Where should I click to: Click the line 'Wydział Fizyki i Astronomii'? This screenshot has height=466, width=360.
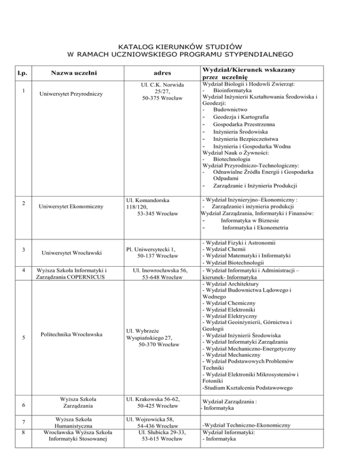tap(238, 243)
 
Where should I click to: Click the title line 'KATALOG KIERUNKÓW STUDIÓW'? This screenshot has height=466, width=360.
tap(180, 46)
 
